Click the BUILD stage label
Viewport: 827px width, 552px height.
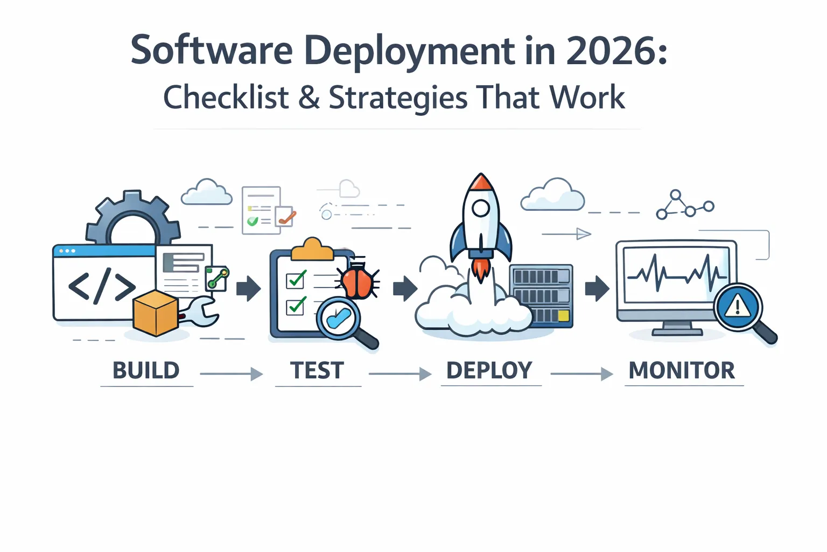(146, 370)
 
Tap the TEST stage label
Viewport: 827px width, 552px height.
(317, 370)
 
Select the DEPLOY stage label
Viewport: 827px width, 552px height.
(489, 370)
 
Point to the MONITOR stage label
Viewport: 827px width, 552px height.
(682, 370)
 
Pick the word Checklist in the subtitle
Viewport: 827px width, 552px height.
(226, 98)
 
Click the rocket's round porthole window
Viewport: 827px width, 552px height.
(481, 208)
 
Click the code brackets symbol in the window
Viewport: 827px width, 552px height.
(102, 286)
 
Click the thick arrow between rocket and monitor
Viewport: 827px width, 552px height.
(597, 288)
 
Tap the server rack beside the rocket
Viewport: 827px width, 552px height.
(541, 295)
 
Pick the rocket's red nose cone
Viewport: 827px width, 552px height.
(481, 183)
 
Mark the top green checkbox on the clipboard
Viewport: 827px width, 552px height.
(296, 280)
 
